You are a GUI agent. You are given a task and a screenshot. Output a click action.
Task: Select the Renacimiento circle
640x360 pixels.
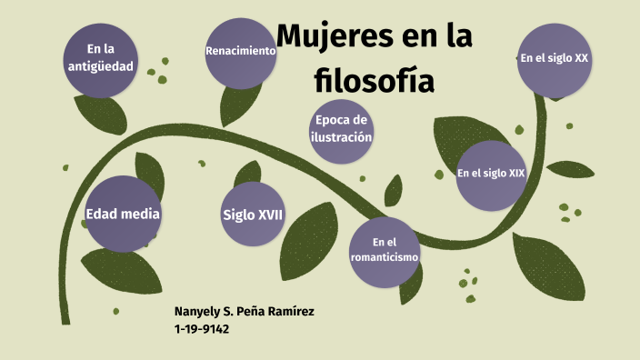click(241, 52)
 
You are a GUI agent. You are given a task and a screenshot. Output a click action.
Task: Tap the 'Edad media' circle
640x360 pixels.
click(123, 215)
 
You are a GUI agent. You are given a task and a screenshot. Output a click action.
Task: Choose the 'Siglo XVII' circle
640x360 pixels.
click(254, 215)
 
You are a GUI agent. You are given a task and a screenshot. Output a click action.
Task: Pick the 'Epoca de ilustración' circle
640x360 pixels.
click(342, 129)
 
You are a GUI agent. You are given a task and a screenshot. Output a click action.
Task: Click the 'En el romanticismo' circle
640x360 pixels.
click(385, 249)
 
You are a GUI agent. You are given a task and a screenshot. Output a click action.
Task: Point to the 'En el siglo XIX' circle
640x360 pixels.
click(492, 173)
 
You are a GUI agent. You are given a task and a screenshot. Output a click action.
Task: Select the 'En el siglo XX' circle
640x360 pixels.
click(554, 58)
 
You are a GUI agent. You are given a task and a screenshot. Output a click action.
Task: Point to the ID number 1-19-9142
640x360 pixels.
click(202, 329)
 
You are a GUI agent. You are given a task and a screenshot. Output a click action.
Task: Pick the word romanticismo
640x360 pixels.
click(385, 257)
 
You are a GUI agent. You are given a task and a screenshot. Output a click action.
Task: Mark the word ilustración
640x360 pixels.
click(342, 137)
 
